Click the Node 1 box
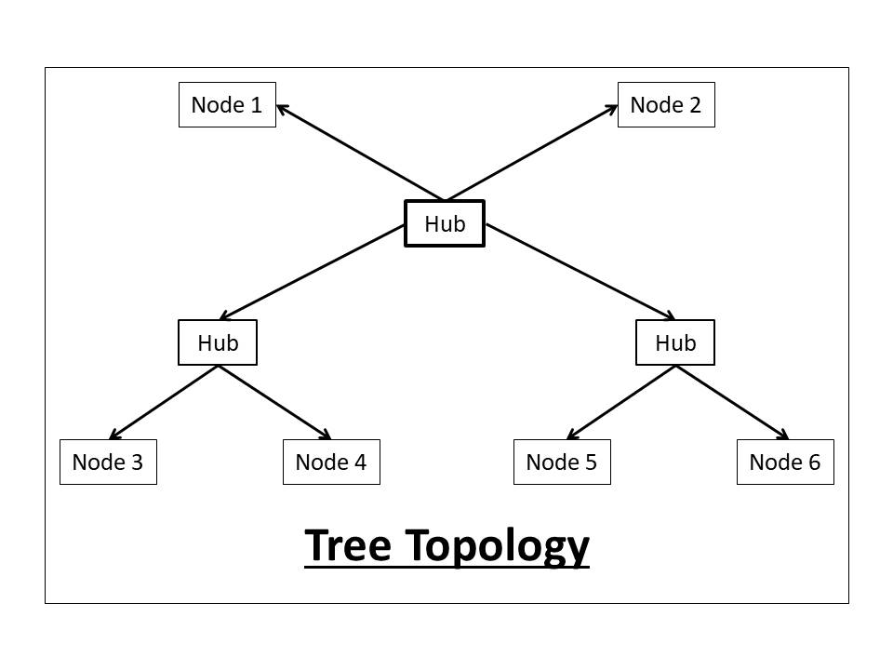(227, 104)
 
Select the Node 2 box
(666, 104)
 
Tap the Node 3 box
(108, 462)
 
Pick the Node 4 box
(331, 462)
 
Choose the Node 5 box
(562, 462)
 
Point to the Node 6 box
(785, 462)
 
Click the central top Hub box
(445, 223)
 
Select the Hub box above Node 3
(218, 342)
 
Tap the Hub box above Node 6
(675, 342)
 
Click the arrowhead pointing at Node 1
(282, 108)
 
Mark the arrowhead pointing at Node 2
(612, 108)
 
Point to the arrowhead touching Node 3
(113, 435)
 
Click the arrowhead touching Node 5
(571, 435)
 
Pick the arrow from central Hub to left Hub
(312, 272)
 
